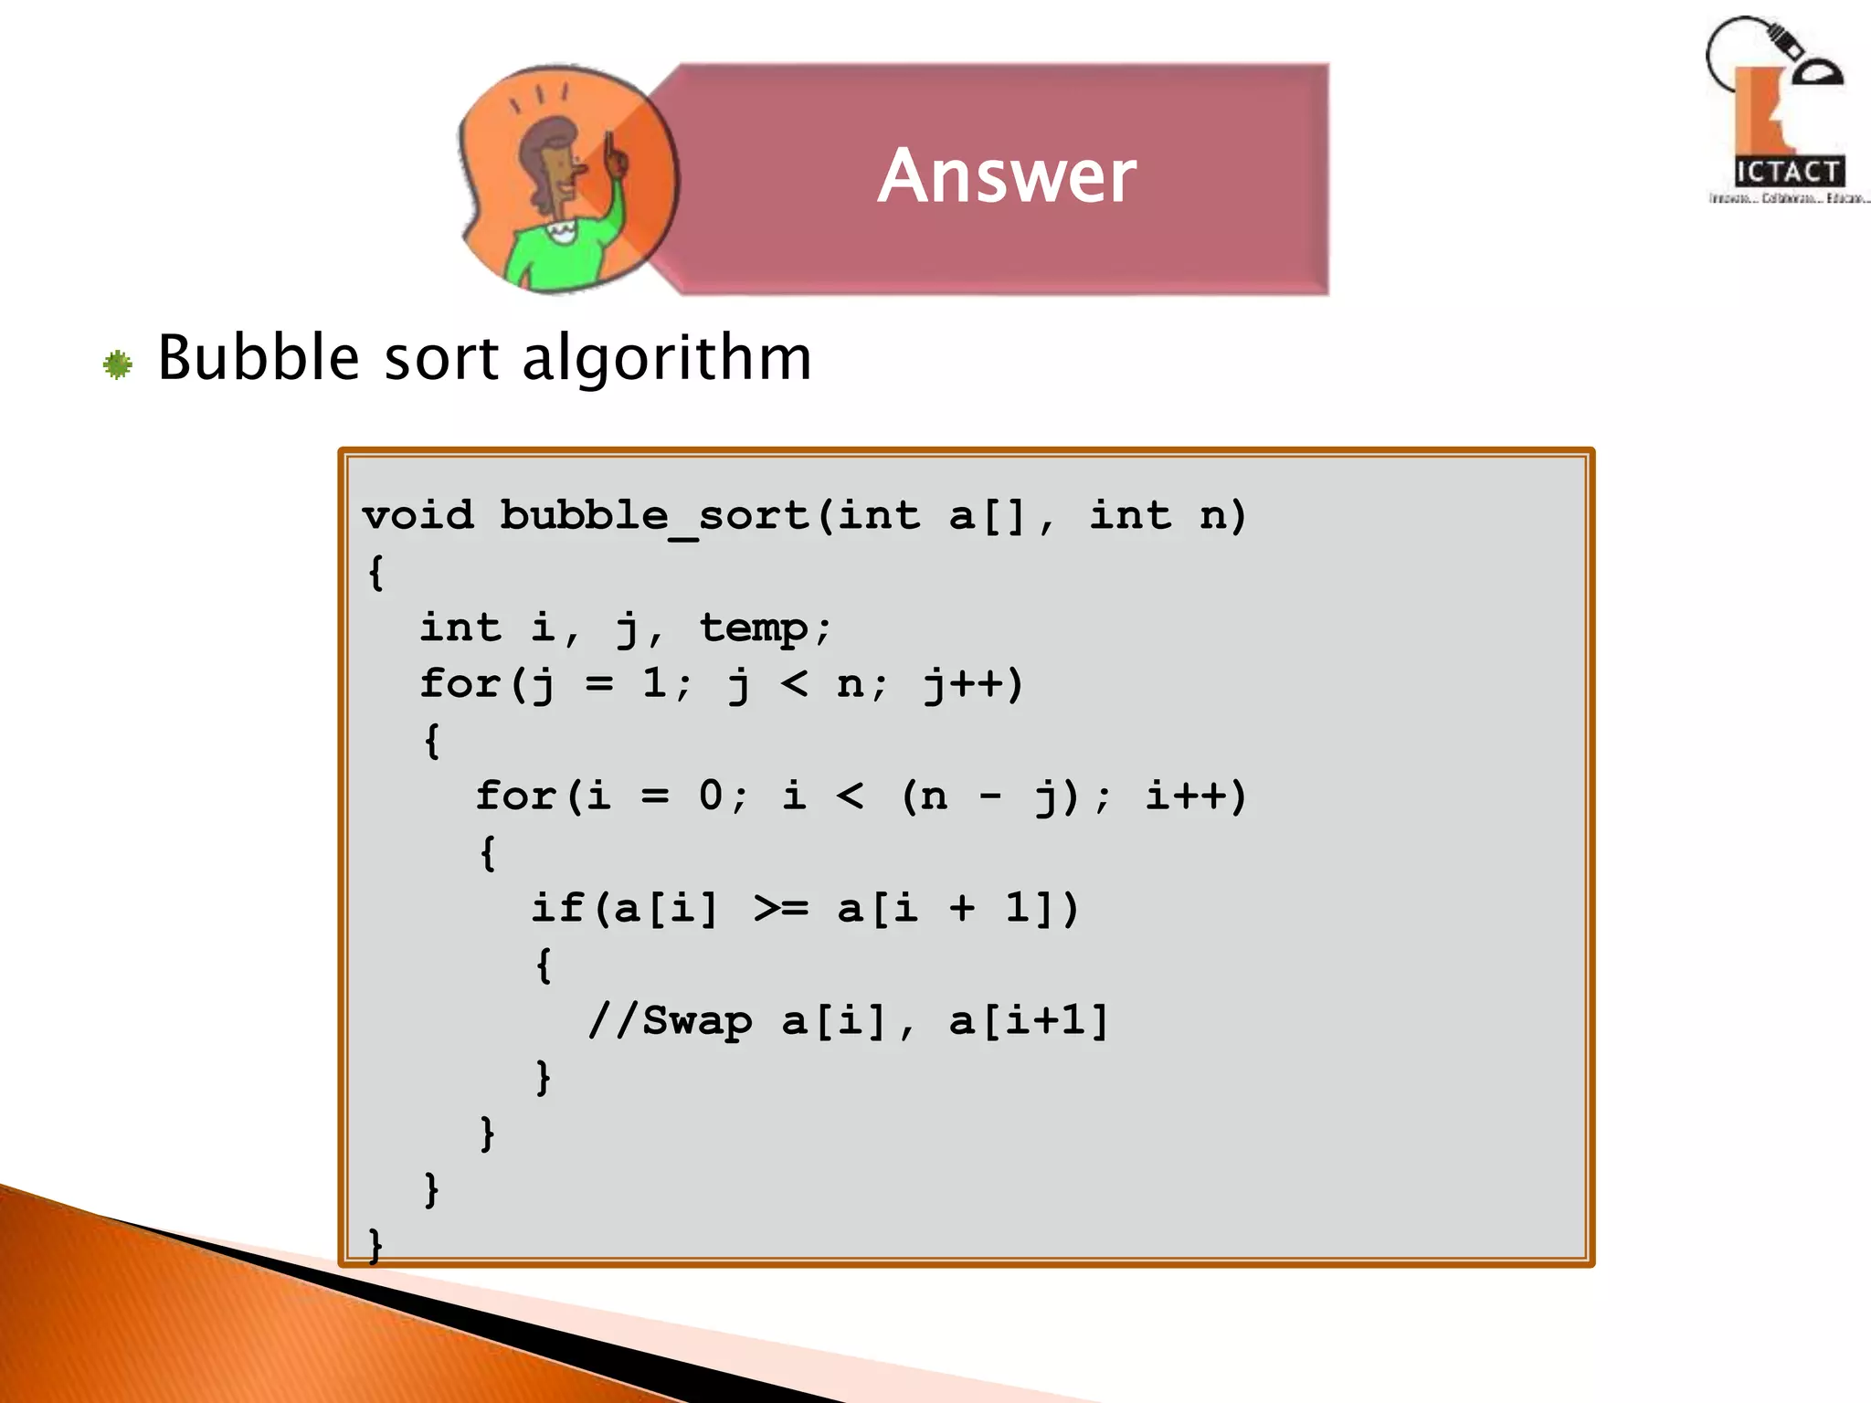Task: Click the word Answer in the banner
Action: click(x=1007, y=175)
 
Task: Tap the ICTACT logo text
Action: click(x=1788, y=172)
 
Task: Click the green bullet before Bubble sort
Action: click(x=118, y=365)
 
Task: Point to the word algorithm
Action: click(x=666, y=358)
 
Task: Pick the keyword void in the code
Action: click(x=418, y=515)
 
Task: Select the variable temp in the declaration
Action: click(x=754, y=628)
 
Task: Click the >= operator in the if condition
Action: click(x=781, y=909)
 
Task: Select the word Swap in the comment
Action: click(x=697, y=1021)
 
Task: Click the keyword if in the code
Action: click(x=557, y=909)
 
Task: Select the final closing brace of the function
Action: click(x=375, y=1245)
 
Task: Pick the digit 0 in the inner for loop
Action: click(x=711, y=796)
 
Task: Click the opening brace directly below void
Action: click(x=375, y=573)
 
